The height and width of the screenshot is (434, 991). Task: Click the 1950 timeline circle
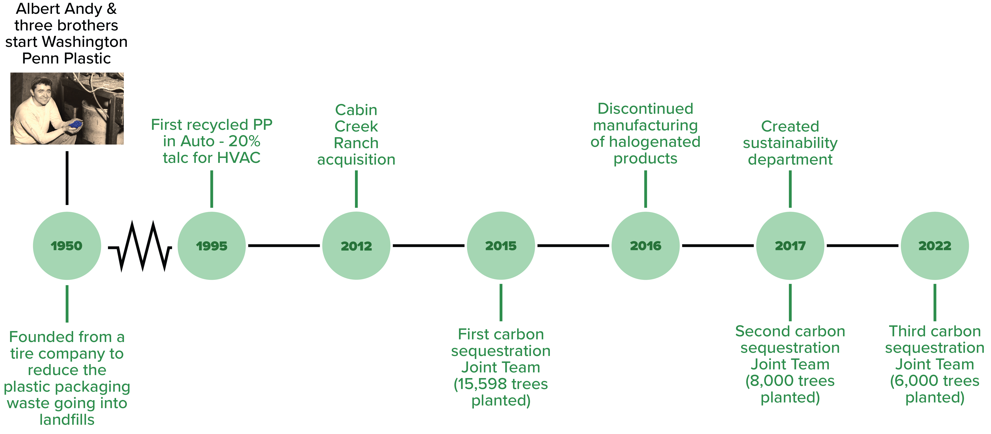pos(67,246)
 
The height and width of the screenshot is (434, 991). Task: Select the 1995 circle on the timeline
pos(212,246)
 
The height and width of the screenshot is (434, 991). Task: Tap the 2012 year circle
pos(356,246)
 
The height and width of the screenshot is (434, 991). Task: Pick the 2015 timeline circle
pos(501,246)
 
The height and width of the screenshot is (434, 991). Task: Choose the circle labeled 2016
pos(645,246)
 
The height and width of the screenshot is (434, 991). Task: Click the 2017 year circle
pos(790,246)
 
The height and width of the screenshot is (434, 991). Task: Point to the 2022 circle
pos(935,246)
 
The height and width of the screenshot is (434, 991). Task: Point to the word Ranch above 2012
pos(356,143)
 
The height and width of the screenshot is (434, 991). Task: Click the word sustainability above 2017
pos(790,143)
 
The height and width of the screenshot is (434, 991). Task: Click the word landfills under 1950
pos(67,420)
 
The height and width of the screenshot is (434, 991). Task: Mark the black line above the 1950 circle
pos(67,178)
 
